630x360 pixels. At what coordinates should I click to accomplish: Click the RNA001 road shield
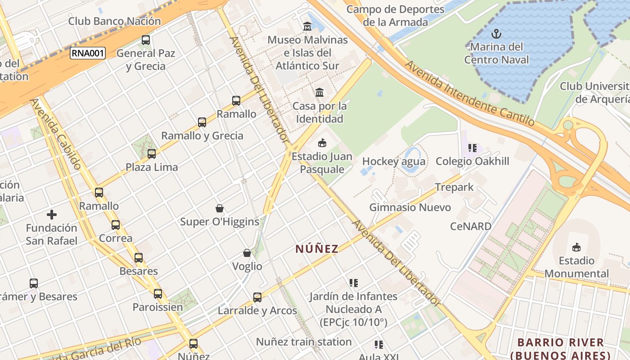coord(87,54)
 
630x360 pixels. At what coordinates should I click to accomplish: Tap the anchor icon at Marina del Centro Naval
coord(496,34)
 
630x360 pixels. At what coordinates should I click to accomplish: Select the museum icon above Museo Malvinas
coord(307,27)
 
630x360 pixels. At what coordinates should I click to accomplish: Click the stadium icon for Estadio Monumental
coord(576,247)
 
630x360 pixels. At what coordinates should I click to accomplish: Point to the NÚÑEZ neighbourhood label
coord(317,249)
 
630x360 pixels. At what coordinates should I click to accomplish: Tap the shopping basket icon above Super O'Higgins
coord(220,208)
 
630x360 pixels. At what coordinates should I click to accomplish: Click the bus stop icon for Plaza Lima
coord(152,154)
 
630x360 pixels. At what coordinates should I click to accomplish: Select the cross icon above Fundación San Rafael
coord(52,215)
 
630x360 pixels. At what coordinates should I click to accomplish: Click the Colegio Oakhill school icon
coord(472,148)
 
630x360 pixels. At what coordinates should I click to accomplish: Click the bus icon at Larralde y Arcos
coord(257,297)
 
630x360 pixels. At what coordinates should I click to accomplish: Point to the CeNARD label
coord(471,226)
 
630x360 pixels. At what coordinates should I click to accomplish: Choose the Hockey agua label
coord(394,161)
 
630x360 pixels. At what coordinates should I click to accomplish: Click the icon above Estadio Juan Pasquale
coord(322,144)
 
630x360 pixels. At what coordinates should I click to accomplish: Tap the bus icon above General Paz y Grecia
coord(146,40)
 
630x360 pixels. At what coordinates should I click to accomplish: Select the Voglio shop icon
coord(247,253)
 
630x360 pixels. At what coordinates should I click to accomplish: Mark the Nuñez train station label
coord(304,342)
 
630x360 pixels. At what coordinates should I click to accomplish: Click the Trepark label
coord(454,187)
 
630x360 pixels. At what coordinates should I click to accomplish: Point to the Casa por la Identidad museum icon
coord(319,93)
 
